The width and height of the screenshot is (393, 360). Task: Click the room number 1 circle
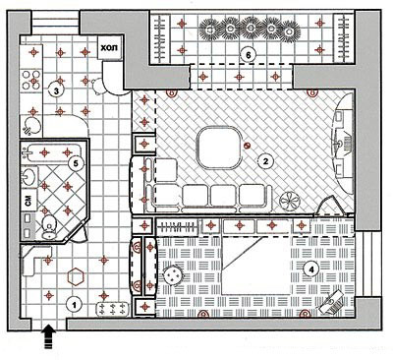[74, 305]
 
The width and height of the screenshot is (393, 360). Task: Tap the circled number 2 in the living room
[265, 161]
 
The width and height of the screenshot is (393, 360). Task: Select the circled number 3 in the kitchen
[56, 90]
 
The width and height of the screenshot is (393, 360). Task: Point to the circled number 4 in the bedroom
[310, 270]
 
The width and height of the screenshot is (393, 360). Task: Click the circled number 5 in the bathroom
[76, 163]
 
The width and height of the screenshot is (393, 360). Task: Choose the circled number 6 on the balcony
[248, 55]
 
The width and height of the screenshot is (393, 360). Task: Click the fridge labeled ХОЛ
[110, 48]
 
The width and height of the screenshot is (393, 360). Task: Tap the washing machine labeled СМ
[28, 201]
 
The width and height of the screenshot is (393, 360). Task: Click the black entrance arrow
[48, 335]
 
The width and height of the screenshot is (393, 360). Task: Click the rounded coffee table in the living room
[219, 148]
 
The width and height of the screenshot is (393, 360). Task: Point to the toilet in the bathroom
[49, 225]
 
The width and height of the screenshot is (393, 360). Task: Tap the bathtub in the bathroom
[51, 152]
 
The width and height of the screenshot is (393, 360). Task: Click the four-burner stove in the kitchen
[31, 81]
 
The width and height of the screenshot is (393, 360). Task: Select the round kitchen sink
[31, 126]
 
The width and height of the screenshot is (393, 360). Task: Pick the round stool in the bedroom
[172, 274]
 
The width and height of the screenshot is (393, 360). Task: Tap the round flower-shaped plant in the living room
[290, 200]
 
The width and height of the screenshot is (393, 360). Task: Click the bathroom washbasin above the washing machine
[28, 177]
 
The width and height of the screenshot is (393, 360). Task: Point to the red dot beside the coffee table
[247, 146]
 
